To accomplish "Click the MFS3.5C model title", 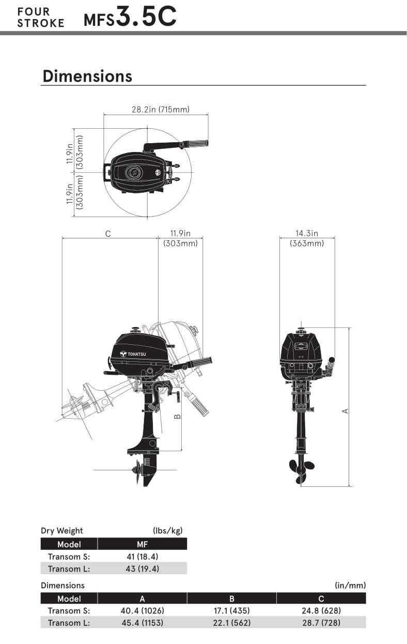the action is click(130, 17).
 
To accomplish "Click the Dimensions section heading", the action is click(87, 76).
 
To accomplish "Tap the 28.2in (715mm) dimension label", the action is click(161, 110).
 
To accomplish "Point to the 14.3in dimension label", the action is click(307, 233).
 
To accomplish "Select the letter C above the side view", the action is click(108, 234).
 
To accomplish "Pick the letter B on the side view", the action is click(178, 416).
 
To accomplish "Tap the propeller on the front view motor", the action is click(301, 471).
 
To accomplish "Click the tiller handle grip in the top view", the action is click(196, 143).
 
